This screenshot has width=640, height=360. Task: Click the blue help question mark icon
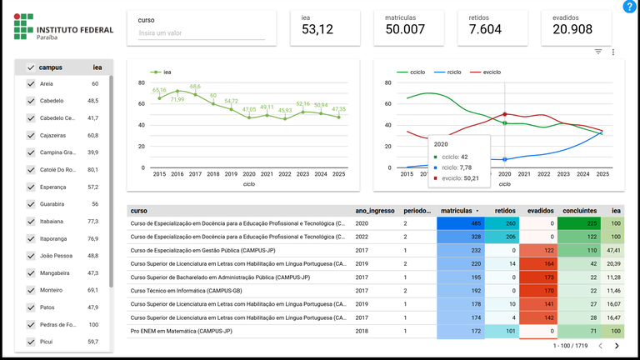tap(629, 7)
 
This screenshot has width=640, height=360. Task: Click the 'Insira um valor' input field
tap(201, 33)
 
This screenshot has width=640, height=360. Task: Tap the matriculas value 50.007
tap(405, 30)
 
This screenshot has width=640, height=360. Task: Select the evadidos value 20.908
tap(572, 30)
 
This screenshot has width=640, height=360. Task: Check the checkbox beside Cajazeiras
tap(31, 135)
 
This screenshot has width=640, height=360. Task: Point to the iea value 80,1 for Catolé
tap(93, 169)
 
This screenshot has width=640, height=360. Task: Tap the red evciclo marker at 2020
tap(505, 114)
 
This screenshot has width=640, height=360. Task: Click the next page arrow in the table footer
tap(617, 345)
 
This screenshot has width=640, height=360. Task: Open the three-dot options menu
tap(613, 52)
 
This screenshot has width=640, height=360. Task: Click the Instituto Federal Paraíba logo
tap(64, 32)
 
